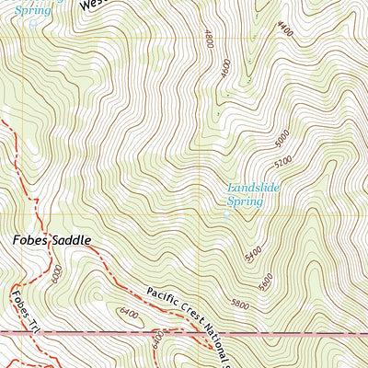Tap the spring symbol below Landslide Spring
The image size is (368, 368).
pos(227,214)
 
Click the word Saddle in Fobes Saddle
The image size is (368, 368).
pos(73,240)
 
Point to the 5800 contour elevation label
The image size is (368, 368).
pos(240,303)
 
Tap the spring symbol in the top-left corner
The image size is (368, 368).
pos(33,21)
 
